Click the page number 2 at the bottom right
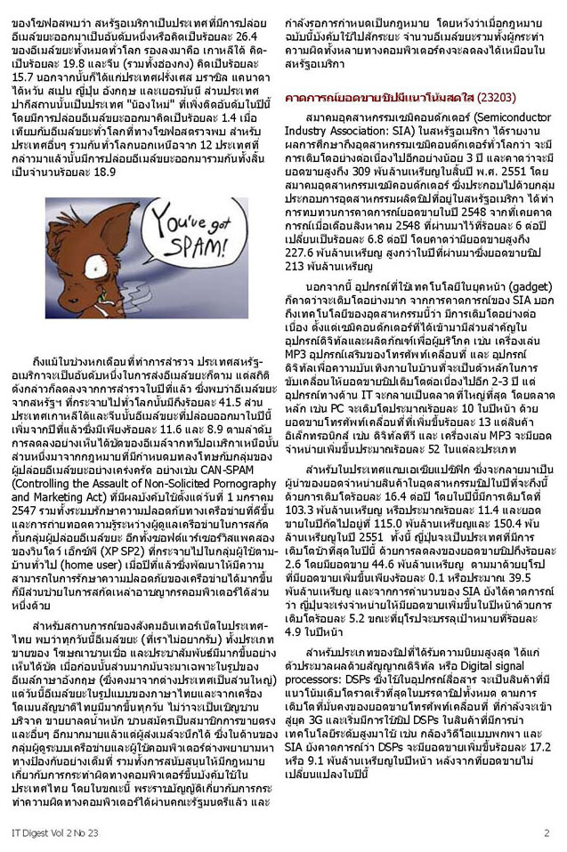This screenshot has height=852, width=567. (x=546, y=832)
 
